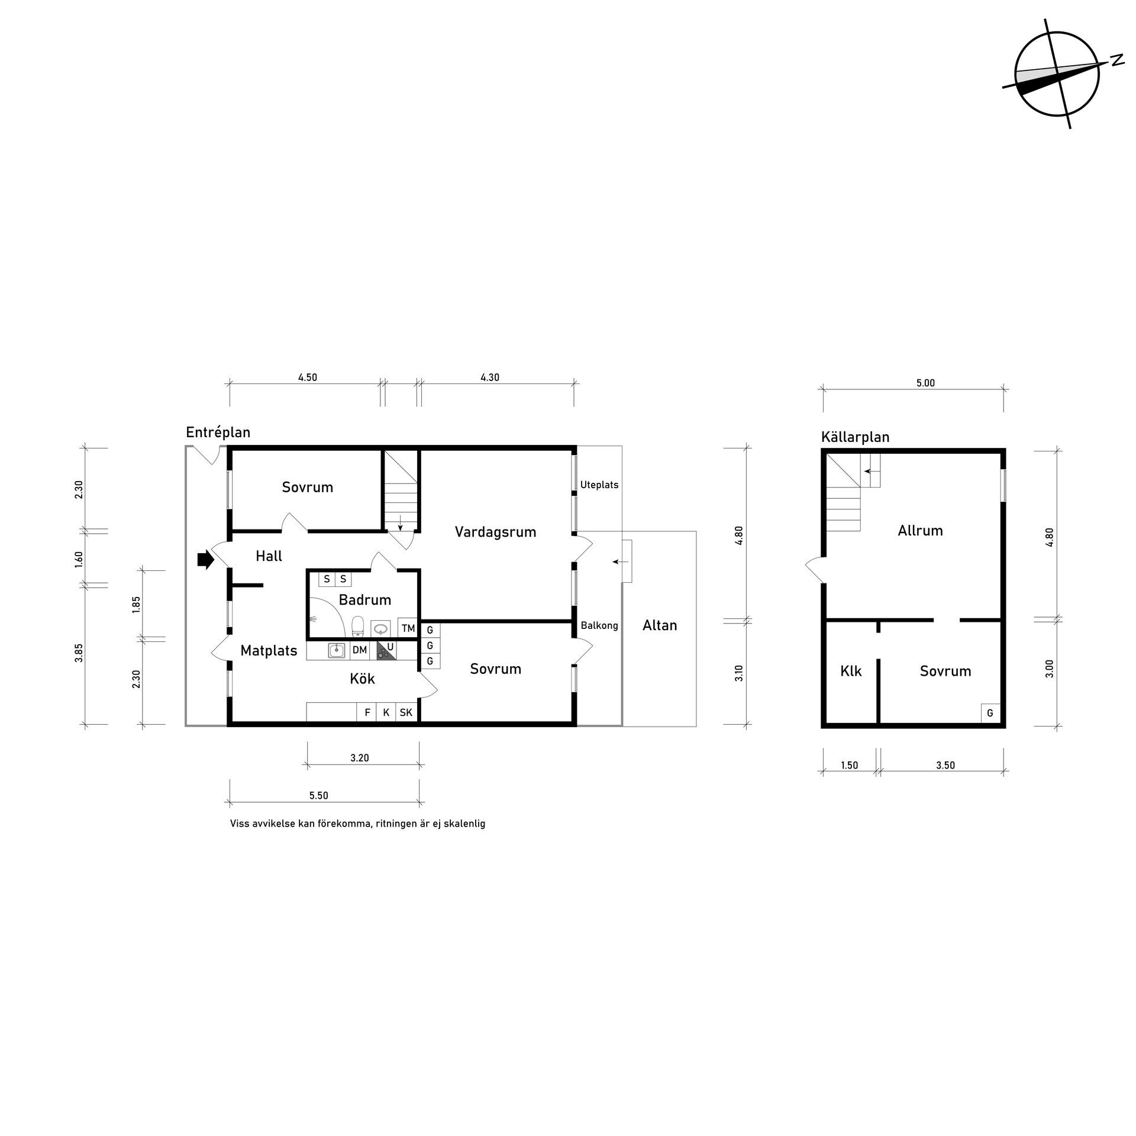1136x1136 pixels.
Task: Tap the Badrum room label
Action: pos(365,600)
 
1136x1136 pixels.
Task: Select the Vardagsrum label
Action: pos(495,532)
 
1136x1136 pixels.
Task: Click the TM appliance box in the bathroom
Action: pos(408,628)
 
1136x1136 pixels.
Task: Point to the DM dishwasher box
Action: pos(360,650)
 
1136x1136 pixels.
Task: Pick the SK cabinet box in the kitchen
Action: pos(406,712)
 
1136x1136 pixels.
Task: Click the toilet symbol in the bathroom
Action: pos(357,627)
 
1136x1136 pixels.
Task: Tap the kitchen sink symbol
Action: pos(337,651)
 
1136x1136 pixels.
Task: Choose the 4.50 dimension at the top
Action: pos(308,377)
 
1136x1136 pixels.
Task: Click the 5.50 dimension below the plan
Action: pos(318,795)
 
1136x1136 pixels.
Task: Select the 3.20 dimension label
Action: pos(360,757)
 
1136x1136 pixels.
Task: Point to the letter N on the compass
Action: pos(1117,60)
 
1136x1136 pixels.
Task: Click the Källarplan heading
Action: pos(856,437)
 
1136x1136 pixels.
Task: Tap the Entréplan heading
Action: pos(218,432)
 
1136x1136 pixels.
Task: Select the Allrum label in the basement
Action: pos(920,531)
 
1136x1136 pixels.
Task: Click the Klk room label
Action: pos(851,671)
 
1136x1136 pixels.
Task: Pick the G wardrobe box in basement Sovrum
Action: pos(990,714)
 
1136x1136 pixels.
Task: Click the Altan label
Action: pos(660,625)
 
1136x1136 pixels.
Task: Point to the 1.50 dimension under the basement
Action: pos(849,765)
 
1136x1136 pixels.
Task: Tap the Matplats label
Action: pos(269,651)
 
